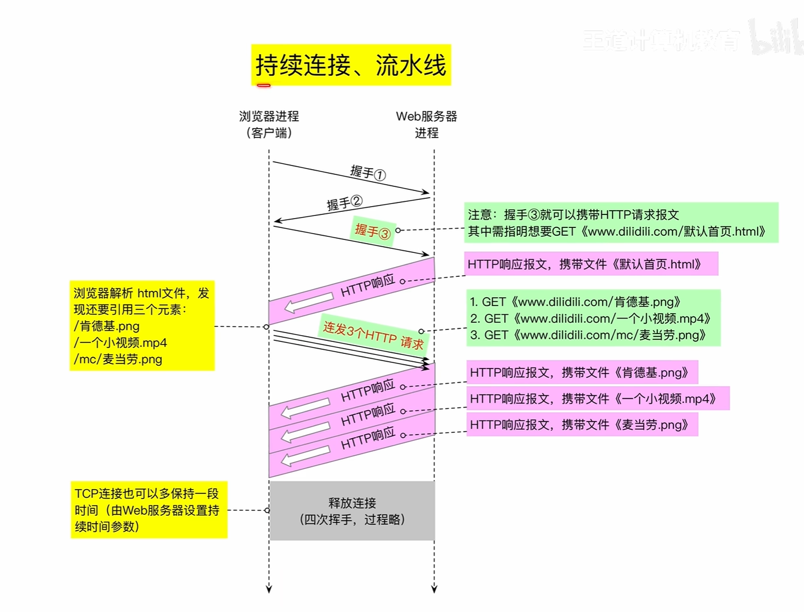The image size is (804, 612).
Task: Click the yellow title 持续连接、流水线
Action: pyautogui.click(x=351, y=65)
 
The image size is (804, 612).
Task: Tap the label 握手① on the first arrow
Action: pyautogui.click(x=368, y=172)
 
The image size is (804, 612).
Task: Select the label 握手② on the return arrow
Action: pyautogui.click(x=344, y=202)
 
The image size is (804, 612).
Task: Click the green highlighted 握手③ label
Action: pyautogui.click(x=373, y=231)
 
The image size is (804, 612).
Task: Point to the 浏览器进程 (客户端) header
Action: pyautogui.click(x=269, y=124)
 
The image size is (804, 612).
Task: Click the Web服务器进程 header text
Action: pyautogui.click(x=426, y=124)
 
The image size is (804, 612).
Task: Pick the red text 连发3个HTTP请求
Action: pyautogui.click(x=373, y=335)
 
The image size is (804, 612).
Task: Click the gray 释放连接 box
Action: pyautogui.click(x=352, y=511)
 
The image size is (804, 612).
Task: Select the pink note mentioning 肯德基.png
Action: pyautogui.click(x=581, y=373)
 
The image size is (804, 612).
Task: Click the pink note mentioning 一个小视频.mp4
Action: pyautogui.click(x=597, y=399)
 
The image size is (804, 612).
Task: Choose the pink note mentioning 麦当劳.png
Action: pyautogui.click(x=581, y=425)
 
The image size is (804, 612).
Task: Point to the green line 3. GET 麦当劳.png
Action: pyautogui.click(x=588, y=335)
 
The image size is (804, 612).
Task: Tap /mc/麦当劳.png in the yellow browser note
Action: pyautogui.click(x=118, y=359)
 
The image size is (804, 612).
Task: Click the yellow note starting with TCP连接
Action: pyautogui.click(x=148, y=510)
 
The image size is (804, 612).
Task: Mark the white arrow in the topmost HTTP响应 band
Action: pyautogui.click(x=309, y=302)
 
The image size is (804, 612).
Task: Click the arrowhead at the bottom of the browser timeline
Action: pyautogui.click(x=269, y=589)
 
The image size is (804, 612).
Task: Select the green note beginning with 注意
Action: pyautogui.click(x=621, y=223)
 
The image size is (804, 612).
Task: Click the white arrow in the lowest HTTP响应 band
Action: pyautogui.click(x=305, y=456)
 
